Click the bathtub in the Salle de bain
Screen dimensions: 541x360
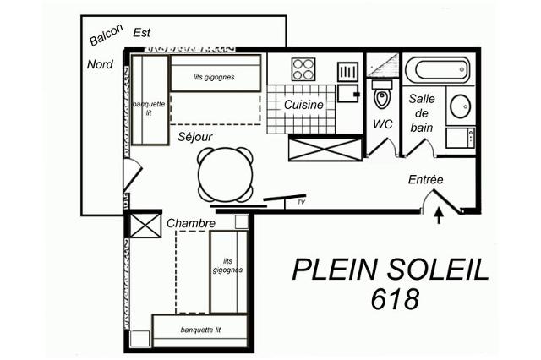437,70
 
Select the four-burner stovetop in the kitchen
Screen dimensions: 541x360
303,69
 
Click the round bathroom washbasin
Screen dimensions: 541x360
461,106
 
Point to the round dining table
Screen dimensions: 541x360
226,175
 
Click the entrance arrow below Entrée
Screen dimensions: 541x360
439,215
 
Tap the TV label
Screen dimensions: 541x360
301,202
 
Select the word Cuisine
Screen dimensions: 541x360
303,105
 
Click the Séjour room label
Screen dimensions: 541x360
195,137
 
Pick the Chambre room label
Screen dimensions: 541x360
191,223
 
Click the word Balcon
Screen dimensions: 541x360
106,35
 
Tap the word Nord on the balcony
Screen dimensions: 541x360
100,64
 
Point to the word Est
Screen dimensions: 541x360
142,33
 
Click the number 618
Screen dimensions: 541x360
396,299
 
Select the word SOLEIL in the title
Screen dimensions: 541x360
438,270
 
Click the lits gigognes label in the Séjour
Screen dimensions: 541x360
214,77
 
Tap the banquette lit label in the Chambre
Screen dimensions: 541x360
200,330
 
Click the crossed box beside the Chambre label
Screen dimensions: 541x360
145,225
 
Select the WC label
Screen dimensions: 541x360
383,124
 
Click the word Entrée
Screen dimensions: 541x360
425,179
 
